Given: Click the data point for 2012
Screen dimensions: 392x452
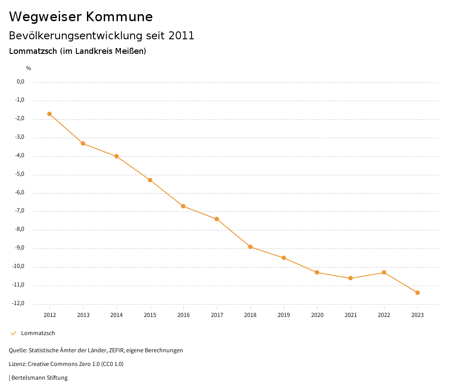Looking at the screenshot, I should (x=49, y=114).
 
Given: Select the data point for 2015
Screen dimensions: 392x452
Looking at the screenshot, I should (x=150, y=180).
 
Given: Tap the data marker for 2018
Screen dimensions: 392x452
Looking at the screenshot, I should (x=250, y=247).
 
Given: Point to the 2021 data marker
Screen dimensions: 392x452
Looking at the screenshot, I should (x=350, y=278).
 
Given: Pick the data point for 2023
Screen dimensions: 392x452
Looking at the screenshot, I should (x=418, y=293).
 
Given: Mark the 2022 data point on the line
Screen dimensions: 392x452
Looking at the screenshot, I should (x=384, y=272).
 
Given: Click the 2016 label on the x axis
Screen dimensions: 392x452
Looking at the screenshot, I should (x=184, y=315).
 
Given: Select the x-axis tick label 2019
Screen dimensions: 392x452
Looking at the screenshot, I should (x=284, y=315).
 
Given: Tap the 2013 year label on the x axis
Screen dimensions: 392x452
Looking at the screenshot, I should (x=83, y=315).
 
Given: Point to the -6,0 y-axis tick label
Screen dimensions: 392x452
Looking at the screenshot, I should (x=20, y=192).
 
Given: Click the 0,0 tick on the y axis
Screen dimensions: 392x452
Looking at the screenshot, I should (x=20, y=82).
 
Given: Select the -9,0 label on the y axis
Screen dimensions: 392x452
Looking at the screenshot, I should (x=20, y=248).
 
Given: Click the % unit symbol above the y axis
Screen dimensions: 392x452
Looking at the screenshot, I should (x=28, y=68).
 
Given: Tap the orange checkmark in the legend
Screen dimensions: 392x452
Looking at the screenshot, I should (x=13, y=333).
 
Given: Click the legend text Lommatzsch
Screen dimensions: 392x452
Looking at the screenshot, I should (x=38, y=333).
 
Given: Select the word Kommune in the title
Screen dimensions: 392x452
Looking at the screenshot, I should (x=119, y=17).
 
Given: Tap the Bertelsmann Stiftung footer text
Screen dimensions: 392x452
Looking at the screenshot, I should (x=39, y=378).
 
